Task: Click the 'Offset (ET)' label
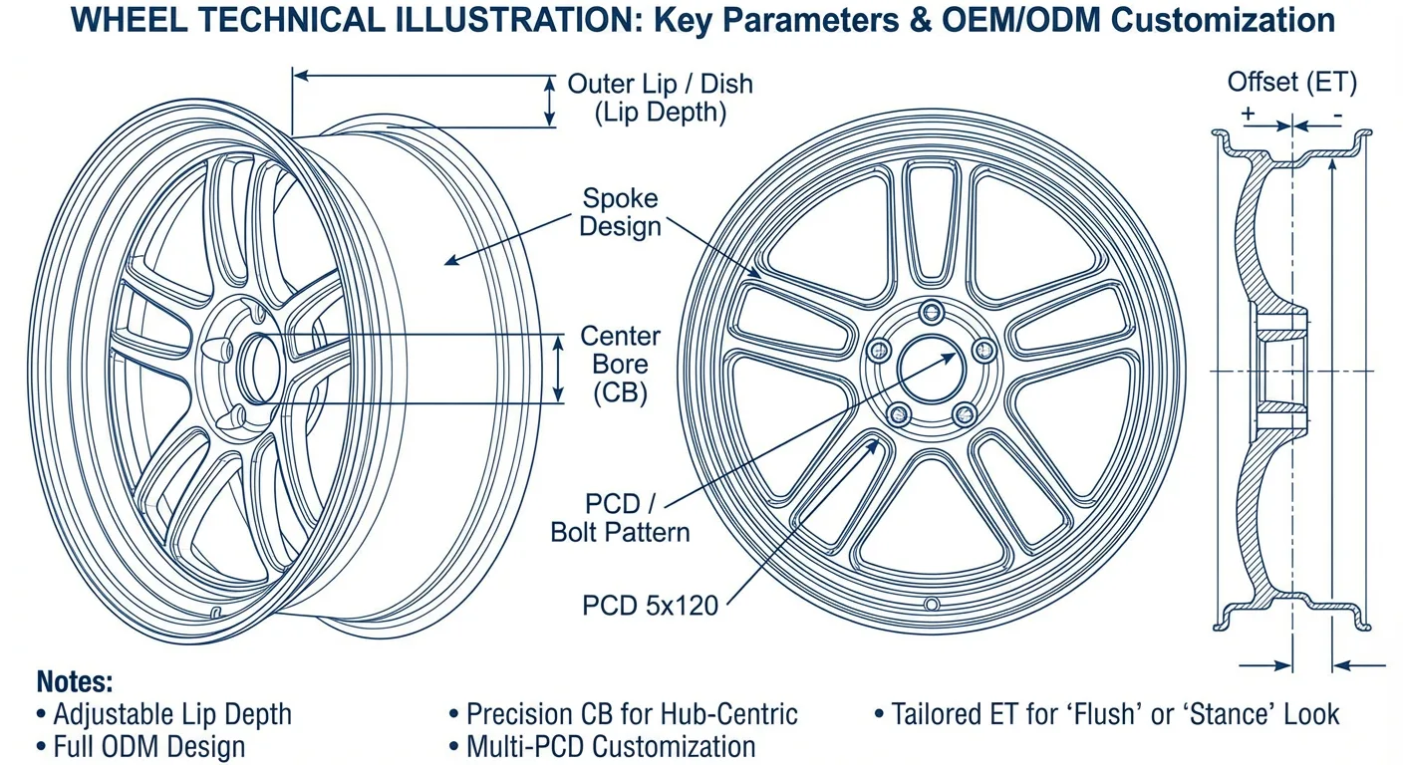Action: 1291,83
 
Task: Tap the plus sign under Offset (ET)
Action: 1248,115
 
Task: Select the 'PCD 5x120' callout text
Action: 650,605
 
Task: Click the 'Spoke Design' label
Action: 620,212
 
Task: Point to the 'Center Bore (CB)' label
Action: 620,364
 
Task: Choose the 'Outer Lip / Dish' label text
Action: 660,84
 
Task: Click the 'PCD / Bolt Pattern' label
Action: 620,517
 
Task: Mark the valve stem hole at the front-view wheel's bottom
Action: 932,604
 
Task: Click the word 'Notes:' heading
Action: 75,682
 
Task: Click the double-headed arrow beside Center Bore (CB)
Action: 559,369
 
